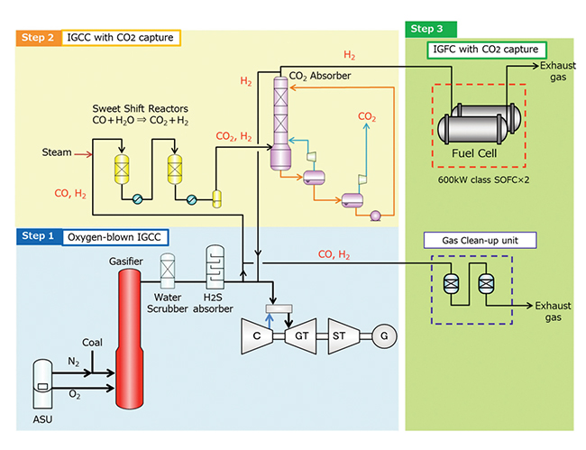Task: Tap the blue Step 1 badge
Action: [x=37, y=236]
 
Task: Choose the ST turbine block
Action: [x=343, y=335]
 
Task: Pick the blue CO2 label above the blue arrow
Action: [x=367, y=116]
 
